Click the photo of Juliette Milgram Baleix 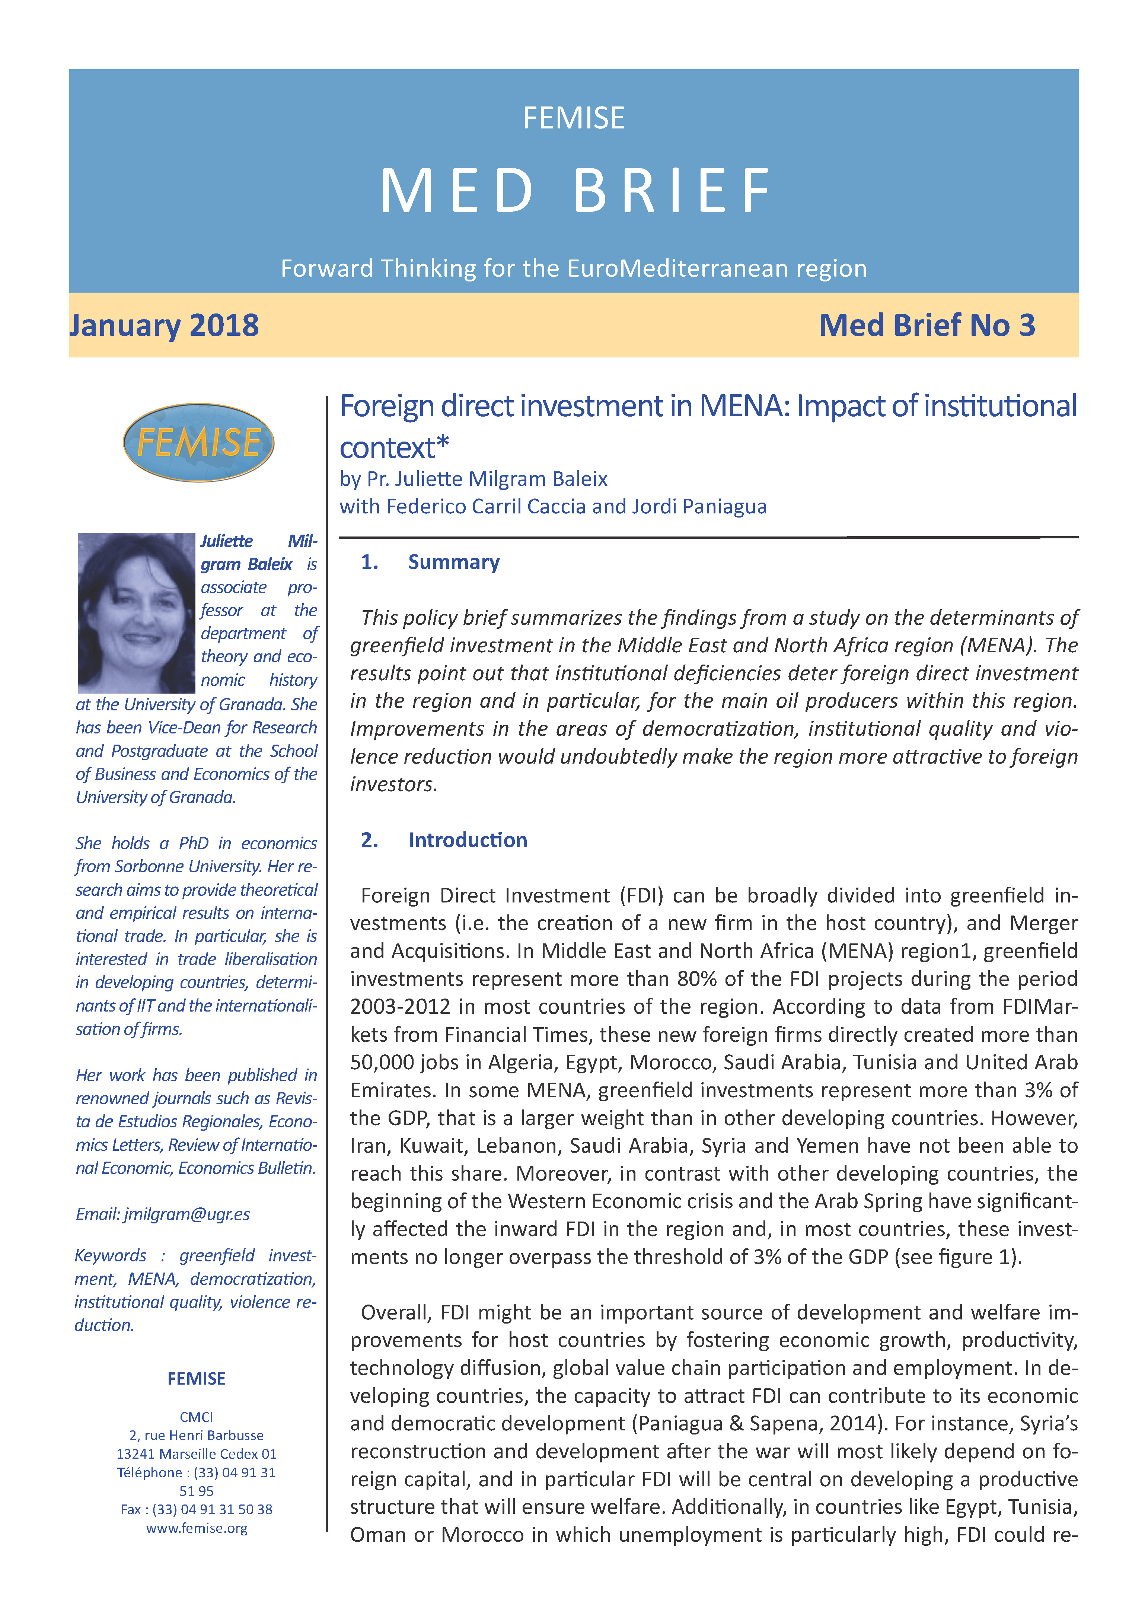pyautogui.click(x=136, y=612)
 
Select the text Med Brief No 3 pyautogui.click(x=927, y=325)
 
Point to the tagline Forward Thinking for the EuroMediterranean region pyautogui.click(x=574, y=269)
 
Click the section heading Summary pyautogui.click(x=453, y=562)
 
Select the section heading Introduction pyautogui.click(x=468, y=840)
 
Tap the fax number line pyautogui.click(x=197, y=1509)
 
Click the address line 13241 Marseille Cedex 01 pyautogui.click(x=197, y=1454)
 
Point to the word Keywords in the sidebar pyautogui.click(x=110, y=1255)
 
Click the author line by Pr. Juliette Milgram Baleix pyautogui.click(x=473, y=480)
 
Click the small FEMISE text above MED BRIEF pyautogui.click(x=574, y=118)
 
